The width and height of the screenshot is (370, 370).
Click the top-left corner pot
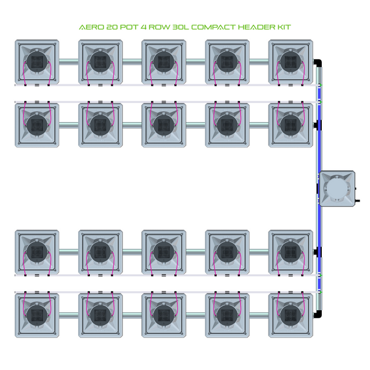pyautogui.click(x=36, y=62)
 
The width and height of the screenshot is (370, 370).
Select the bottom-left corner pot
pyautogui.click(x=36, y=314)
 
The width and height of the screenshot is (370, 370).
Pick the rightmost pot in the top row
pyautogui.click(x=290, y=62)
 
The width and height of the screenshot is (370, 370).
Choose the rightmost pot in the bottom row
pyautogui.click(x=290, y=314)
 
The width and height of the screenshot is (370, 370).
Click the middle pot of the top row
pyautogui.click(x=163, y=62)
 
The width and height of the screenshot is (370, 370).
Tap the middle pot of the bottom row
pyautogui.click(x=163, y=314)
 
